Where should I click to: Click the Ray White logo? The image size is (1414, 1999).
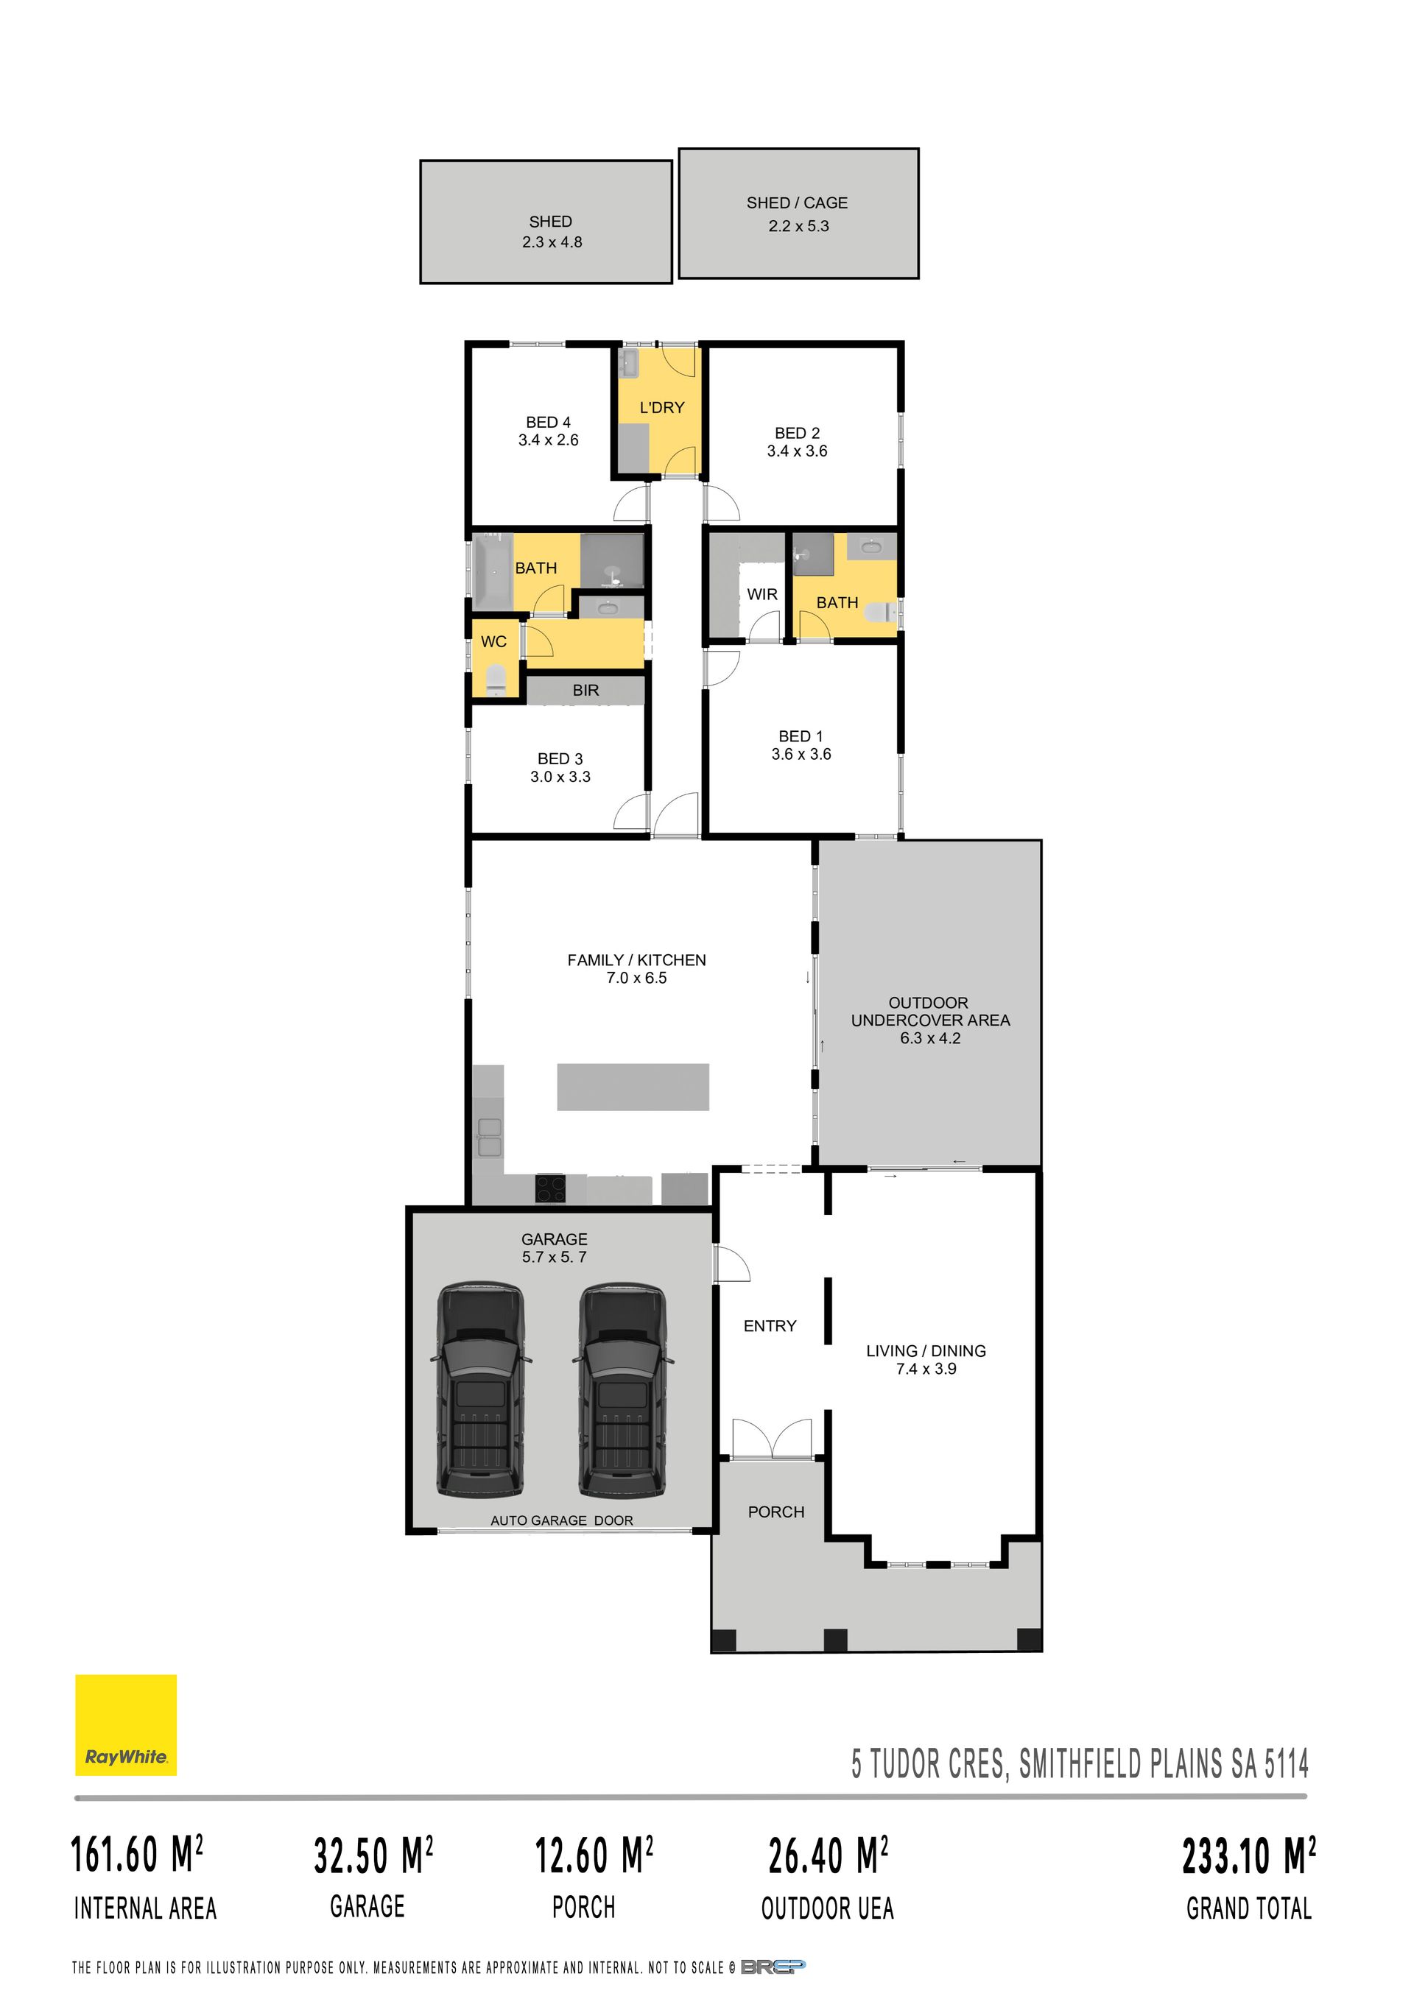(x=125, y=1725)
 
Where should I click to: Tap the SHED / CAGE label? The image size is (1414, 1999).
(x=797, y=203)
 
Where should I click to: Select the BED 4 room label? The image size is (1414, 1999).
(x=549, y=423)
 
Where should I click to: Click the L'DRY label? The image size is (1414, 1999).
(x=662, y=407)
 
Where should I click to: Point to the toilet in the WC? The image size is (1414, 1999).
(x=496, y=679)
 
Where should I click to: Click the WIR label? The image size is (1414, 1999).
(x=761, y=595)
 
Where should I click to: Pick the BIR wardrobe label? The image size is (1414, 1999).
(x=586, y=691)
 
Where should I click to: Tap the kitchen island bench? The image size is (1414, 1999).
(x=633, y=1087)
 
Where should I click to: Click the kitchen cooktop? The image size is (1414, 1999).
(x=550, y=1188)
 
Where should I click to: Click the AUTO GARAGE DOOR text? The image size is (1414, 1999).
(x=562, y=1520)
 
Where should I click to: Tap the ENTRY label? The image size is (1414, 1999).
(x=770, y=1326)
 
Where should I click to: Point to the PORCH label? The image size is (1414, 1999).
(x=775, y=1512)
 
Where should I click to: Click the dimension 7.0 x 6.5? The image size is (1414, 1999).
(x=636, y=979)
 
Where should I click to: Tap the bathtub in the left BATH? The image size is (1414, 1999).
(x=493, y=571)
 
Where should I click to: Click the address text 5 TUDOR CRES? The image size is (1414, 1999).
(x=930, y=1765)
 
